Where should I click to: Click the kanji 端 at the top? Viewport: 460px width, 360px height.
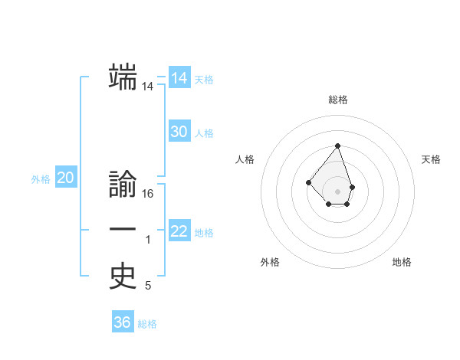[123, 77]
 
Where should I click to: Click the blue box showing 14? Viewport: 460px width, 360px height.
[179, 78]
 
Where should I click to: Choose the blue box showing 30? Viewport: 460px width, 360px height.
[179, 132]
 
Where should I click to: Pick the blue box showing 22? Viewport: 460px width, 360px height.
[179, 231]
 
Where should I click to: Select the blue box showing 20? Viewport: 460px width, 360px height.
[66, 178]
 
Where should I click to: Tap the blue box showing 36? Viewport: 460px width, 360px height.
[123, 322]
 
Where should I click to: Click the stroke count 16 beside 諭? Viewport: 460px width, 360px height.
[148, 195]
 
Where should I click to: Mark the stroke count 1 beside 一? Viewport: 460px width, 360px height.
[148, 241]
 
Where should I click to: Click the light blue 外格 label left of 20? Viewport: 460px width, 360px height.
[41, 179]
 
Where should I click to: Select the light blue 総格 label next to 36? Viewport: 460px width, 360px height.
[147, 324]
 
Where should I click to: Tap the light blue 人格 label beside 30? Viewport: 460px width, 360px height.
[204, 133]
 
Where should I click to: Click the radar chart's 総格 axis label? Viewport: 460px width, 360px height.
[337, 100]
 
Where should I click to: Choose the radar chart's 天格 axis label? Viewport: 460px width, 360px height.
[431, 159]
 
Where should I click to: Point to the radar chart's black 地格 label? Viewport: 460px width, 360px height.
[402, 262]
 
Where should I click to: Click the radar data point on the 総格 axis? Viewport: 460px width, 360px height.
[337, 146]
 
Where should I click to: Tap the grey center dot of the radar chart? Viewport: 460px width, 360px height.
[337, 191]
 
